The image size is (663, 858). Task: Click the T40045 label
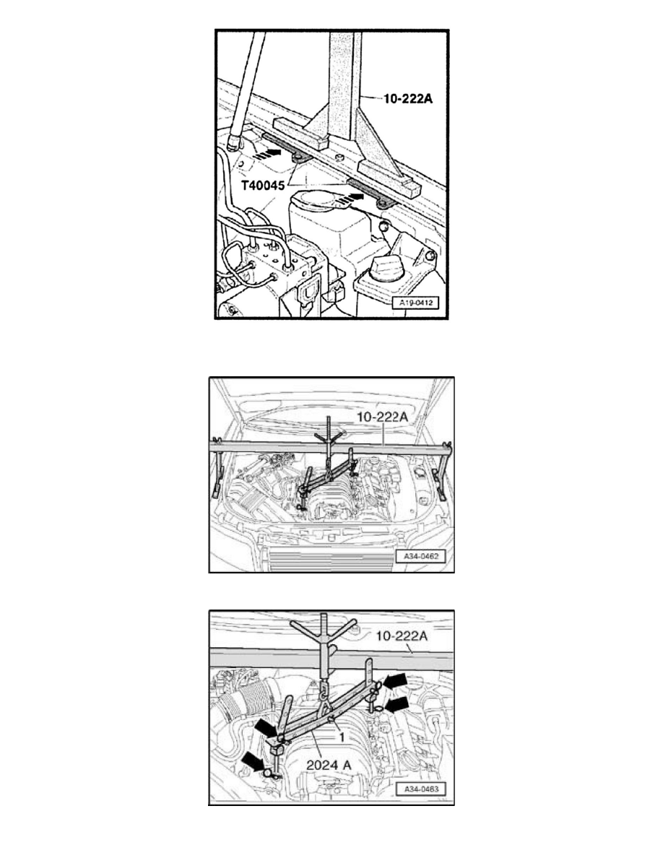point(263,186)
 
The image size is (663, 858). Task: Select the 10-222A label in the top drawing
point(408,98)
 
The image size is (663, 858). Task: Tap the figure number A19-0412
point(418,302)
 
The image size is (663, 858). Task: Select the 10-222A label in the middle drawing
point(382,417)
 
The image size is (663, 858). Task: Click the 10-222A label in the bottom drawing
point(401,636)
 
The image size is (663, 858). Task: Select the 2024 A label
point(328,765)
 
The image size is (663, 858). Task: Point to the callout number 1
point(342,737)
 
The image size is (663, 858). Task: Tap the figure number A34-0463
point(420,789)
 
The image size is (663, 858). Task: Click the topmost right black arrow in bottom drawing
point(395,681)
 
